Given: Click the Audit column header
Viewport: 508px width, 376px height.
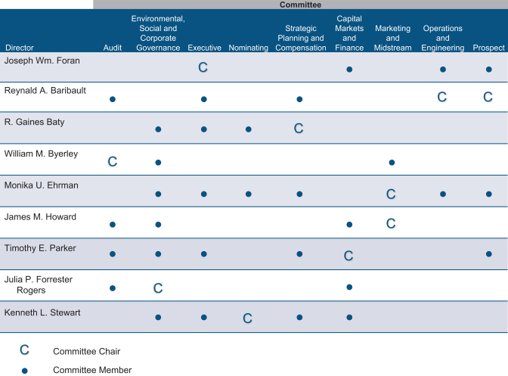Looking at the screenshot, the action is [113, 48].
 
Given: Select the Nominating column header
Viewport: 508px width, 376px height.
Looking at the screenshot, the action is [248, 48].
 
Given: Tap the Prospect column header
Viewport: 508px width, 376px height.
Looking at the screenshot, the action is [488, 48].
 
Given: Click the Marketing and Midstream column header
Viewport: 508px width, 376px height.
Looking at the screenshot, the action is [392, 38].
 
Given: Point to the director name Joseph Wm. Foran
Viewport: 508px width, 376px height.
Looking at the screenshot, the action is [42, 61].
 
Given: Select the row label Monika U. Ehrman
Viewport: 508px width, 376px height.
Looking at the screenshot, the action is [41, 185].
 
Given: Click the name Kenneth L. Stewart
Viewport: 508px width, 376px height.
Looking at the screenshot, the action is [42, 312].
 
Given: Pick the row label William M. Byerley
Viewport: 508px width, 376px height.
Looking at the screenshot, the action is [41, 154].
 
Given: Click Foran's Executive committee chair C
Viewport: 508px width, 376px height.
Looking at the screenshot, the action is [203, 67].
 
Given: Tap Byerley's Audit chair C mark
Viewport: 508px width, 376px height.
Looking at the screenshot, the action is [113, 161].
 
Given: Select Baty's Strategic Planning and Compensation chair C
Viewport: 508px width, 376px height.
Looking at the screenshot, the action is [299, 129].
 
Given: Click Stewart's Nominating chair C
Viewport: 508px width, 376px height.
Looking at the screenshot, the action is [247, 319].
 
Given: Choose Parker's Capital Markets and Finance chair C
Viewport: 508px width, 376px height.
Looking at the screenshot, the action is [348, 256].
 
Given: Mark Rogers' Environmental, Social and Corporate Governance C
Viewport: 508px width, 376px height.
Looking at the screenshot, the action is [158, 288].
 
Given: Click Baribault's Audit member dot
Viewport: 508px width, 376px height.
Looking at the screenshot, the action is [113, 99].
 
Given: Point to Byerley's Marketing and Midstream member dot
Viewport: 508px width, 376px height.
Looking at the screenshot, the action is [392, 163].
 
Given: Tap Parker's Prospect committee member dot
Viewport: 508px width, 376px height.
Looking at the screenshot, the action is [489, 253].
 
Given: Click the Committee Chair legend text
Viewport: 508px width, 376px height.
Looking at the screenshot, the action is [86, 351].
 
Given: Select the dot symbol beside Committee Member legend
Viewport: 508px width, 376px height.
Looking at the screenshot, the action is [25, 371].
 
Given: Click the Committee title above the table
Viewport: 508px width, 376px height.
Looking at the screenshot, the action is [300, 5].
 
